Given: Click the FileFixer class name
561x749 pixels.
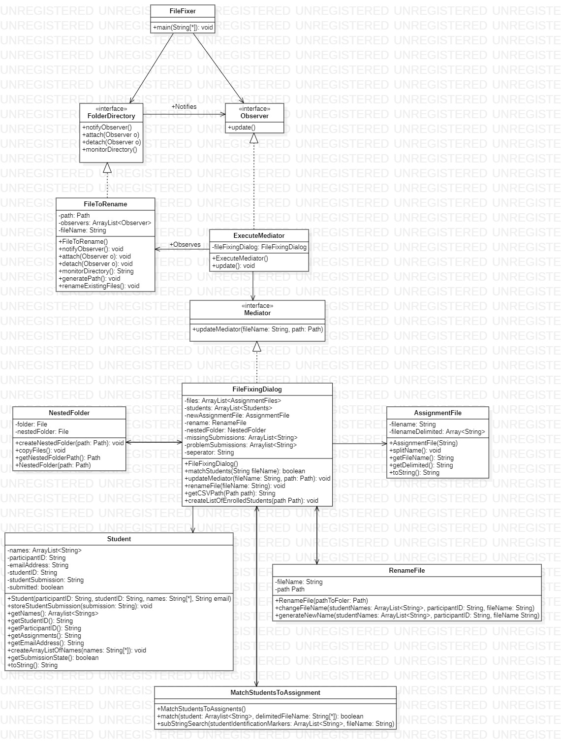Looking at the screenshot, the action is (x=182, y=11).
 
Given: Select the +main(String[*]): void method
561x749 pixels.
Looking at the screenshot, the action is (x=183, y=28).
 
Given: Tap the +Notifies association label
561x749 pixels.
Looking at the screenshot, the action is (x=184, y=106).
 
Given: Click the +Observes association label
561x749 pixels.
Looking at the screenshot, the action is (x=185, y=244).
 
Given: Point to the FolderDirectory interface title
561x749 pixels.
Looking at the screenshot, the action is (x=111, y=116).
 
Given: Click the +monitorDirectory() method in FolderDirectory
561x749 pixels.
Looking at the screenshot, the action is (x=110, y=150).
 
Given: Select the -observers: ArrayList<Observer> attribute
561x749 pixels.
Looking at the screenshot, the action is (x=105, y=223).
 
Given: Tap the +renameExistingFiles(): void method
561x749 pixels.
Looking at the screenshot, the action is (x=99, y=286).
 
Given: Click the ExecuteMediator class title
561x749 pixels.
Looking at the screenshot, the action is (x=259, y=235).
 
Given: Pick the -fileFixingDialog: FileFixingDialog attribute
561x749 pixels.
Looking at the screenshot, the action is (x=259, y=247).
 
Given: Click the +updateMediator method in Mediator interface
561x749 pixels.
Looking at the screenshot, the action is (x=257, y=329).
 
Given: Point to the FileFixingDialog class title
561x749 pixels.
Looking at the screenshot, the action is (x=257, y=389).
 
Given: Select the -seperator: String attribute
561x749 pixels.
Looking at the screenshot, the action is (x=209, y=452).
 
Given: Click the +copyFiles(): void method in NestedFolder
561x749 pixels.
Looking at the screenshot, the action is (x=40, y=450).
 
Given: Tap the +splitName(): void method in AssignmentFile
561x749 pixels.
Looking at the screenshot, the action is (x=415, y=450).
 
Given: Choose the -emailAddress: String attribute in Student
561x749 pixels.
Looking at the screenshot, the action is (x=38, y=565).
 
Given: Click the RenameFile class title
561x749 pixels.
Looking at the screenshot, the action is (x=406, y=570).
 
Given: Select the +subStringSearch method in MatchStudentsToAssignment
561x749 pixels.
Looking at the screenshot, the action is (x=275, y=723).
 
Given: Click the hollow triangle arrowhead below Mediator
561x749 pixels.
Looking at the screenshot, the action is (x=257, y=347).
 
